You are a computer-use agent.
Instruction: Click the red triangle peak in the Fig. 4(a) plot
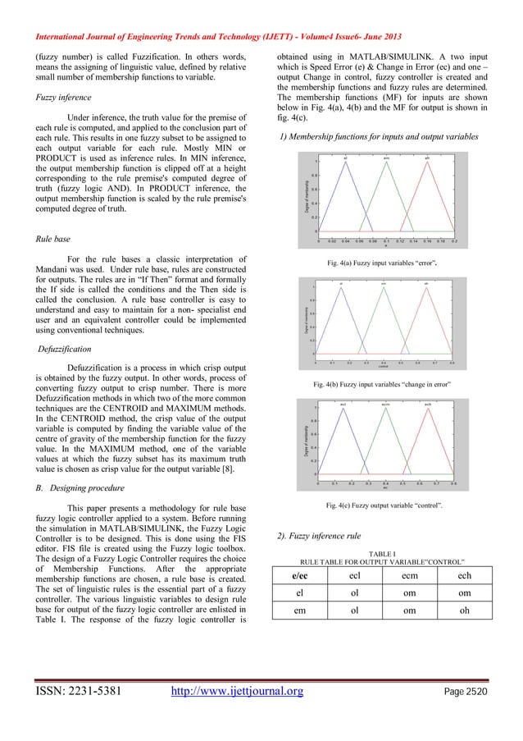(x=427, y=162)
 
